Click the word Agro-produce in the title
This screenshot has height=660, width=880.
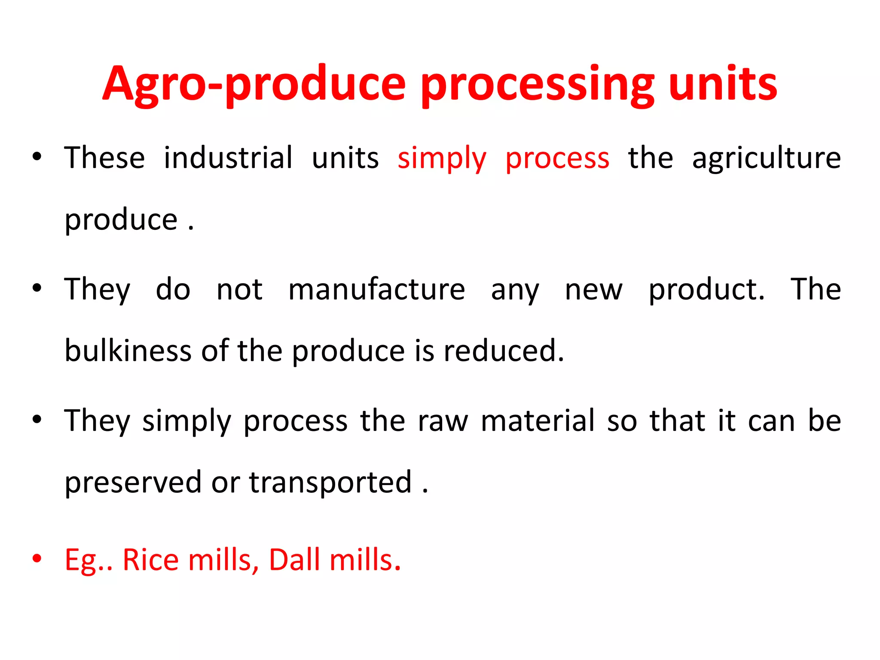click(x=254, y=84)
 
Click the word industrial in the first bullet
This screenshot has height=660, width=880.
click(x=228, y=158)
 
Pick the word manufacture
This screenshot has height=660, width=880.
click(x=376, y=289)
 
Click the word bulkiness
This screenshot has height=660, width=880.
click(x=128, y=351)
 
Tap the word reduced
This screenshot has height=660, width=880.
click(x=504, y=351)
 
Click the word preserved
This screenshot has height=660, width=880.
click(x=133, y=482)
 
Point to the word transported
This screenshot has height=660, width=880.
click(x=330, y=482)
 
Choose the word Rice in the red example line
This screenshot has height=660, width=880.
click(x=150, y=559)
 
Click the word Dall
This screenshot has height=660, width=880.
click(x=294, y=559)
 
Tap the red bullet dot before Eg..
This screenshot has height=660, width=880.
click(x=37, y=558)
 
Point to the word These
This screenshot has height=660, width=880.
click(x=105, y=158)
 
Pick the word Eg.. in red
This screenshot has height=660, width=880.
click(x=89, y=560)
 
